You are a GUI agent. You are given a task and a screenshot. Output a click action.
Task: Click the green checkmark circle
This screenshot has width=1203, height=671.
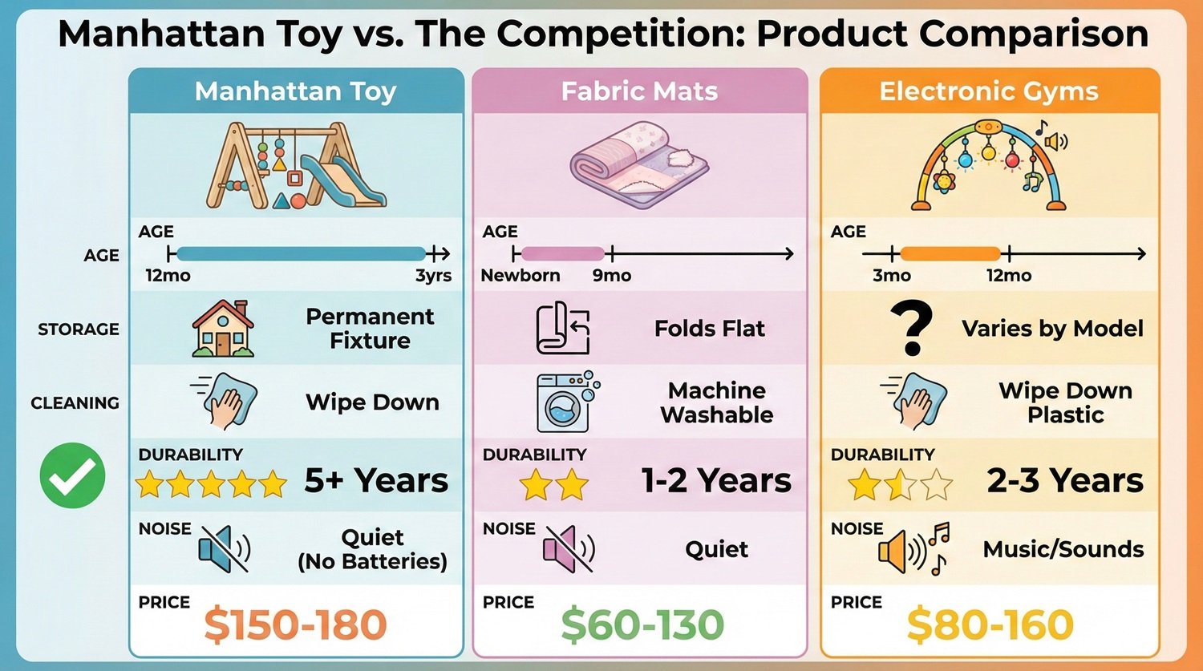[x=72, y=475]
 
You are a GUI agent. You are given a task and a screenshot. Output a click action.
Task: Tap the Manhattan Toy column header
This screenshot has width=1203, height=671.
[x=295, y=91]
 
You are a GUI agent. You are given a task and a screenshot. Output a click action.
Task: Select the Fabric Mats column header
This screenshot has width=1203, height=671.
[x=639, y=91]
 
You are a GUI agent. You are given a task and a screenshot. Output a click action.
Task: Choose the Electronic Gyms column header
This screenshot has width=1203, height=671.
[x=989, y=91]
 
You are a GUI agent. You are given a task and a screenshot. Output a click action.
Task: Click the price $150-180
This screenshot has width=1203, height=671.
[x=295, y=625]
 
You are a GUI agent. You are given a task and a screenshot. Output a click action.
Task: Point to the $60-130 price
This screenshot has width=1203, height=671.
[x=642, y=625]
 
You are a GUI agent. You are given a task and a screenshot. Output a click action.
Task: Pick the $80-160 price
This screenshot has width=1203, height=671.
[x=990, y=625]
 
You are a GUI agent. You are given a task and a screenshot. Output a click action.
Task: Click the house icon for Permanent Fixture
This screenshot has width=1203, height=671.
[x=223, y=328]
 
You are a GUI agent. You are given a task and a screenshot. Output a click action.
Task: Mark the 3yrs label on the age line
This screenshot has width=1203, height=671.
[x=433, y=276]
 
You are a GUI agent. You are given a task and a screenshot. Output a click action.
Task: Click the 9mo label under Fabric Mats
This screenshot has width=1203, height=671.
[x=612, y=276]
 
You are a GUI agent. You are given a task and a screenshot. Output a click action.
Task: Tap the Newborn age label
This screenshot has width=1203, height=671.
[x=520, y=276]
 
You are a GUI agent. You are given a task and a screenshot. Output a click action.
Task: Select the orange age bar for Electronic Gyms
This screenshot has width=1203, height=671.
[x=950, y=255]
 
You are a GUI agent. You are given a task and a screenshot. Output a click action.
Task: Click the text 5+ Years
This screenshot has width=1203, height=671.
[x=376, y=481]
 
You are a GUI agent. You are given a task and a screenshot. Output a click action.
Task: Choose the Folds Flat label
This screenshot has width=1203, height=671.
[x=709, y=329]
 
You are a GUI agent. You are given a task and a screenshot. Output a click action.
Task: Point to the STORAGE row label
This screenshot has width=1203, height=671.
[x=78, y=329]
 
